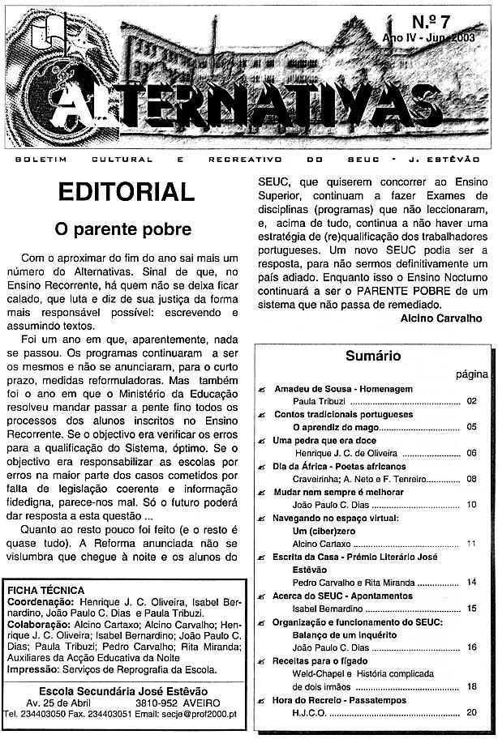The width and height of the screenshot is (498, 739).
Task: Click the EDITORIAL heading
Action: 126,192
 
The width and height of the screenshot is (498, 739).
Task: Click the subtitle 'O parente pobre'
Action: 122,229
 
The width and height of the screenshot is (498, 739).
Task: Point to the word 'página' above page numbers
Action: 471,374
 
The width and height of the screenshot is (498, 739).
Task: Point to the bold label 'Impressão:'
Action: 34,670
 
